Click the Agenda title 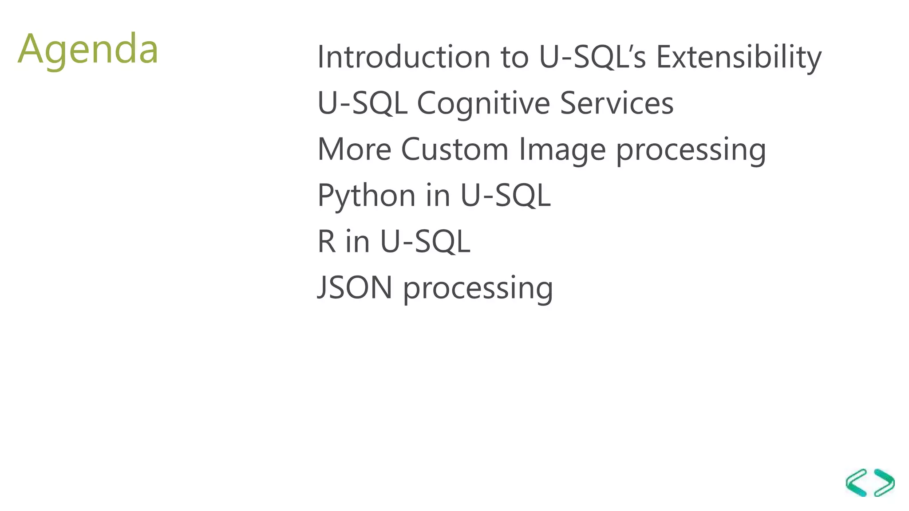tap(88, 49)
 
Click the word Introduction tap(403, 57)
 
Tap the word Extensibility tap(739, 57)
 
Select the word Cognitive tap(483, 103)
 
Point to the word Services tap(617, 103)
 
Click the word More tap(354, 149)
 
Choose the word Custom tap(454, 149)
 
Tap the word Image tap(562, 150)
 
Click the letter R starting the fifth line tap(326, 242)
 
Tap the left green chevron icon tap(856, 482)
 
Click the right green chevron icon tap(884, 482)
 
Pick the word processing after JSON tap(478, 289)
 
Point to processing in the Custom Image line tap(691, 150)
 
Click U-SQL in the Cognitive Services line tap(362, 103)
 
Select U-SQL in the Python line tap(505, 196)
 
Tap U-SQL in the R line tap(425, 242)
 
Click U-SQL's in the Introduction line tap(592, 57)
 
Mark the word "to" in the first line tap(515, 58)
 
